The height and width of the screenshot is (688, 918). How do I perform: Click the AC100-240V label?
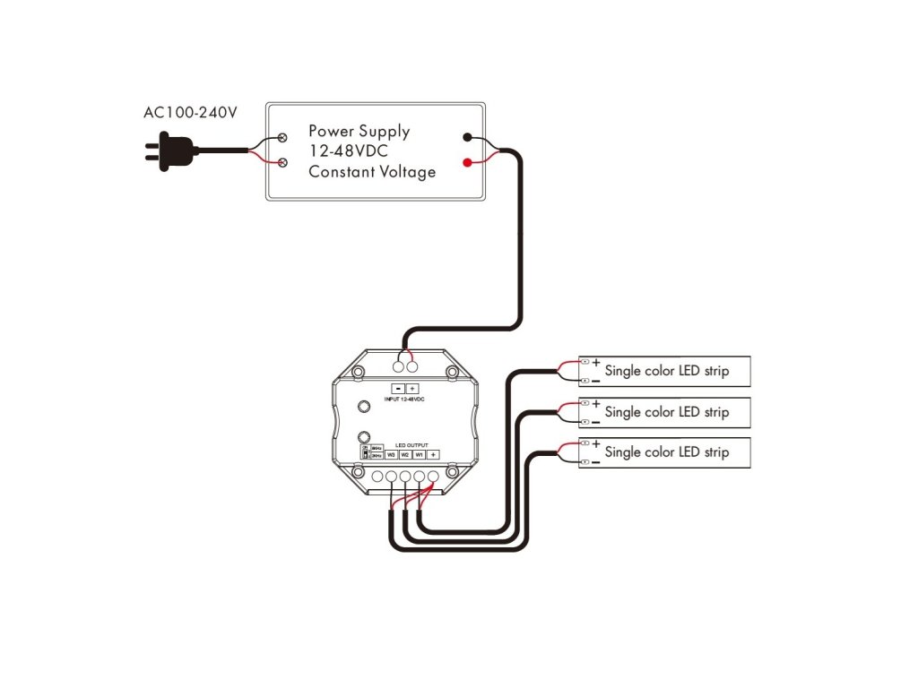[x=190, y=114]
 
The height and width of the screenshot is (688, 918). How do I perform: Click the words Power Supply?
[x=359, y=131]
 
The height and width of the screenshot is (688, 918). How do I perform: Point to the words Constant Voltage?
[x=372, y=171]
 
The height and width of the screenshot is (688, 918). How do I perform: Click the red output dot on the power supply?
[x=467, y=163]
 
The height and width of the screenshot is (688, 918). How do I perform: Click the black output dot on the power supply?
[x=467, y=137]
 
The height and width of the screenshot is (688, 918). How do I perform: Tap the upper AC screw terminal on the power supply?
[x=283, y=137]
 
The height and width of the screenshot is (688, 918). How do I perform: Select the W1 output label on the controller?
[x=419, y=455]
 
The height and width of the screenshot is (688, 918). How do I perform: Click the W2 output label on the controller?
[x=405, y=455]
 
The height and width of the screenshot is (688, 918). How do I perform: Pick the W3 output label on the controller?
[x=391, y=455]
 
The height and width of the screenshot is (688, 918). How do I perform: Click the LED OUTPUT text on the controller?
[x=412, y=444]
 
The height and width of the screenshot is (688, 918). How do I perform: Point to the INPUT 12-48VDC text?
[x=404, y=399]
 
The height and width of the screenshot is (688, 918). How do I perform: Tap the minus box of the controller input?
[x=399, y=388]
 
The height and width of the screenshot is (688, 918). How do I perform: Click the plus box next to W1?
[x=433, y=455]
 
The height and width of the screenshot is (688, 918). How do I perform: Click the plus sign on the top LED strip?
[x=596, y=362]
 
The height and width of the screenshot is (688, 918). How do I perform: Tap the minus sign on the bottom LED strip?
[x=596, y=461]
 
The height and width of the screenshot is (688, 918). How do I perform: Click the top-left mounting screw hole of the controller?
[x=359, y=372]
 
